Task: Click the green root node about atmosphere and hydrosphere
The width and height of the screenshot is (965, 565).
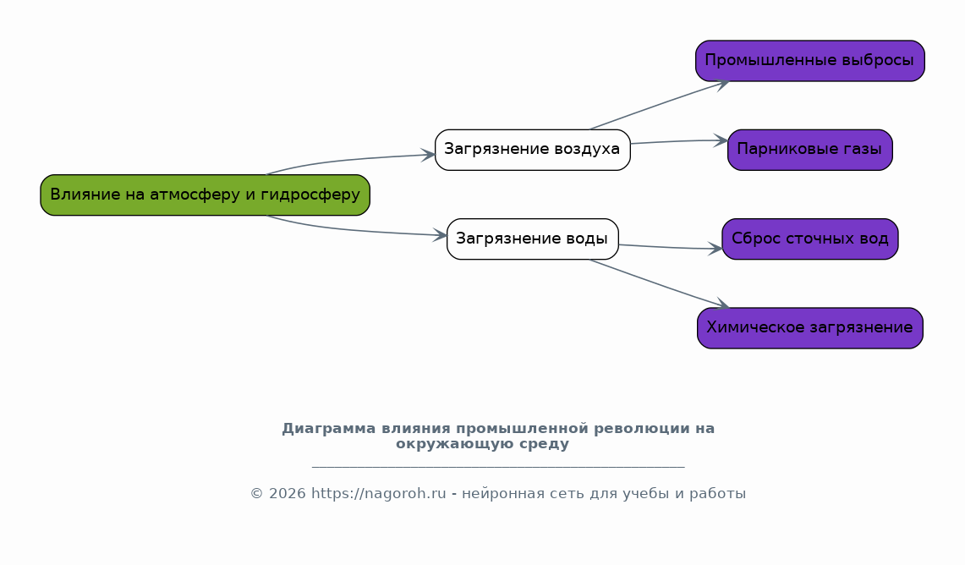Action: pos(205,195)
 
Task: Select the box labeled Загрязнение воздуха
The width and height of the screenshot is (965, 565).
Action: pos(532,150)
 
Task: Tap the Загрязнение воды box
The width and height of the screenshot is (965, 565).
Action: pos(532,239)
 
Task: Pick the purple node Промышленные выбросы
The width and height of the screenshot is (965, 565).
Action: pos(810,61)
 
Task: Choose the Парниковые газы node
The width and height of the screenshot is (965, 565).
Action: pos(810,150)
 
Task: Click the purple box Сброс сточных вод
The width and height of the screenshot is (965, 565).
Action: pos(810,239)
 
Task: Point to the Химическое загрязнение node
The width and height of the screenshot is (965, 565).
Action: pos(810,328)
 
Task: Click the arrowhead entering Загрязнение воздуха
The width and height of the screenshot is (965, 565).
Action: pos(428,155)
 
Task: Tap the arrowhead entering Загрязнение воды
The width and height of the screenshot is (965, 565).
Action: pos(440,234)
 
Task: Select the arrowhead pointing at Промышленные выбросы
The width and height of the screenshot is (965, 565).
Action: pos(722,85)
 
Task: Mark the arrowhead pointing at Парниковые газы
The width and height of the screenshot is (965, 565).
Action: pos(721,140)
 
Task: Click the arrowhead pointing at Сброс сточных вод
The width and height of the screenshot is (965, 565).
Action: pos(716,249)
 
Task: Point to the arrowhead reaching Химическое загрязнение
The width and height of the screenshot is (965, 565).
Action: pos(722,304)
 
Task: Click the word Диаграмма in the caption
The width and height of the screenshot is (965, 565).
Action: pos(329,428)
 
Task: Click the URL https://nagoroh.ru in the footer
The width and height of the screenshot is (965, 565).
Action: pos(379,494)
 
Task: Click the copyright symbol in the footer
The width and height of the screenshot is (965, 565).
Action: pos(256,494)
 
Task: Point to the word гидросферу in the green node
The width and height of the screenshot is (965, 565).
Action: pos(310,195)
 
